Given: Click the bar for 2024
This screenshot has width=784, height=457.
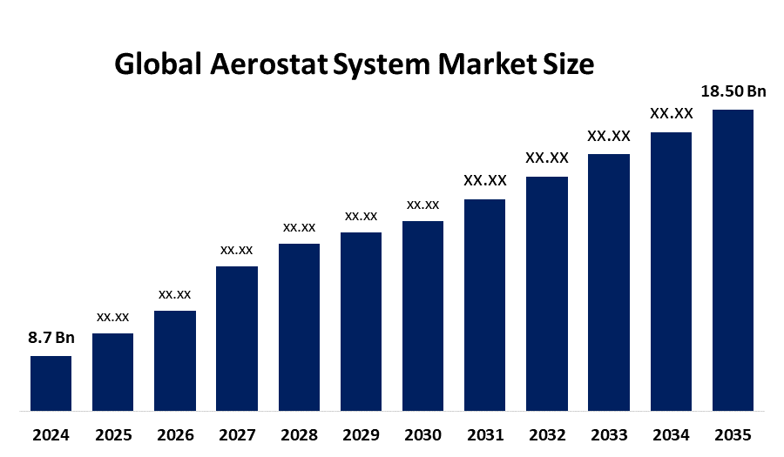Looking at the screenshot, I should [51, 383].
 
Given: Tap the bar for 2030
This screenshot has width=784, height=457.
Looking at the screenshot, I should [422, 315].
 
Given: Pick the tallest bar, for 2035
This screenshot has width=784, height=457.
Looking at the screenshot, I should [733, 259].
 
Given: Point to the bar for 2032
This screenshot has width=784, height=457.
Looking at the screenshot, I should [547, 293].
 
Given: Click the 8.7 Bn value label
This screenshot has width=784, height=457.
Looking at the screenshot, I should [51, 338].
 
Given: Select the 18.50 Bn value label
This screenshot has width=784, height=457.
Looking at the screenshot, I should [733, 91].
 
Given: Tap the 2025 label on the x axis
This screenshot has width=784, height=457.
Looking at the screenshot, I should [113, 434].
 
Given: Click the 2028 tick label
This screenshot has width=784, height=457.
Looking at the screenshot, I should [299, 434].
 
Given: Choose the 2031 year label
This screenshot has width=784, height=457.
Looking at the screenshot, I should [484, 434].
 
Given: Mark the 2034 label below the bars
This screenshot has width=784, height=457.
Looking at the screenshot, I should [671, 434].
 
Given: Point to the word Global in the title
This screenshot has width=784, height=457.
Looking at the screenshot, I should [156, 64].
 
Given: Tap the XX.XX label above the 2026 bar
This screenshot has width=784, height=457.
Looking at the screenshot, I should [175, 294].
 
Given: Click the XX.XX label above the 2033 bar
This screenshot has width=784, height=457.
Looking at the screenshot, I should [609, 136].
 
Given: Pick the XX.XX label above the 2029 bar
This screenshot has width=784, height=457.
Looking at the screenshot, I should [361, 216].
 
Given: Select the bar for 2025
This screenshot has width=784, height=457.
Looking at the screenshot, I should [113, 372].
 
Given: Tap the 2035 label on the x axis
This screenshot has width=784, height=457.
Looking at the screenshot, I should [733, 434].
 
